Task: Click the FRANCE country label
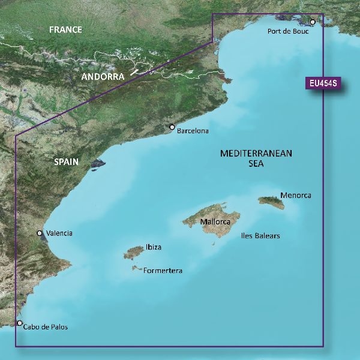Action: tap(66, 30)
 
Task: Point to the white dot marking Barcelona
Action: tap(172, 127)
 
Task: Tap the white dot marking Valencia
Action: tap(40, 233)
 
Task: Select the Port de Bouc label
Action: tap(288, 31)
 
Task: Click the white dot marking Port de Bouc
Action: tap(313, 22)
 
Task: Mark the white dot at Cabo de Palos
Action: tap(20, 323)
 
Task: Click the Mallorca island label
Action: tap(216, 222)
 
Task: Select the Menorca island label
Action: tap(295, 196)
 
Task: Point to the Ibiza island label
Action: tap(153, 247)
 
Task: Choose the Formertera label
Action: tap(163, 271)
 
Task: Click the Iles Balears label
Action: tap(260, 236)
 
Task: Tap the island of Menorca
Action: tap(273, 203)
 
